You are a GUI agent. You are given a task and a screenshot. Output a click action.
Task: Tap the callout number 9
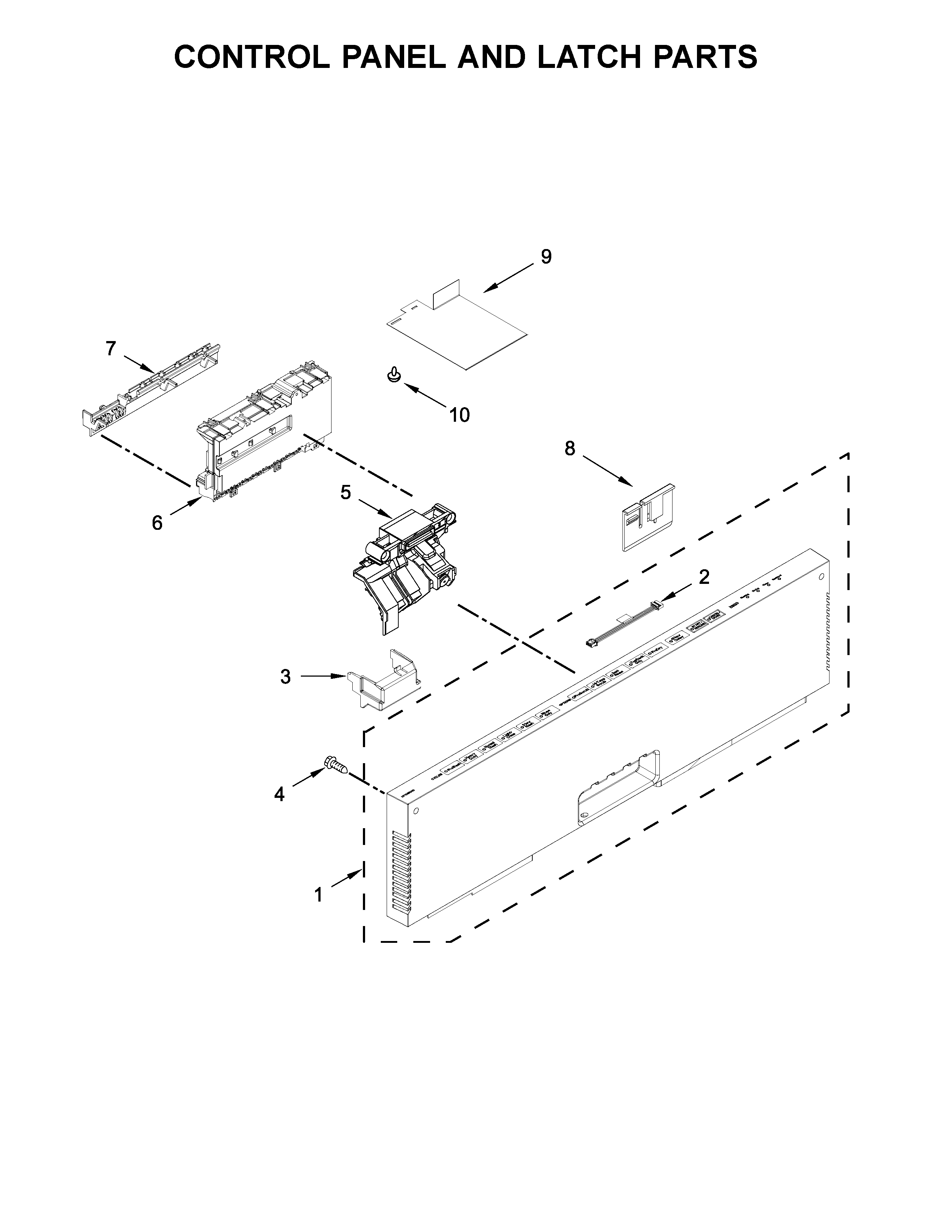[x=545, y=257]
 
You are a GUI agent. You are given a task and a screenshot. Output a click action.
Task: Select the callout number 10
[x=459, y=414]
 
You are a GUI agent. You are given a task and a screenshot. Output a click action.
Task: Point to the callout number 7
[x=111, y=349]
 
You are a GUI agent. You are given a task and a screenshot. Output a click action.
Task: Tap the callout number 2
[x=704, y=577]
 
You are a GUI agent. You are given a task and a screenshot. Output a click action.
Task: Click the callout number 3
[x=285, y=676]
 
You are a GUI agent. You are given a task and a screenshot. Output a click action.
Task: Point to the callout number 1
[x=318, y=894]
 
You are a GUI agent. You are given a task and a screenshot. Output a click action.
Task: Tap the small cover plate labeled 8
[x=646, y=516]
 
